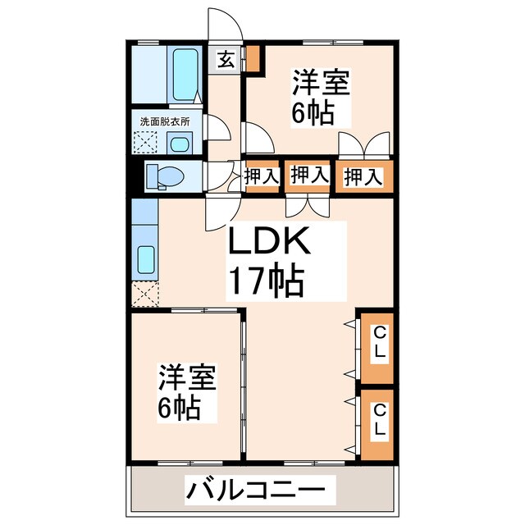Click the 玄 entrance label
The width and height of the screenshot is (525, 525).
click(x=225, y=59)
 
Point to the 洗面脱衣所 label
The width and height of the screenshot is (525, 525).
click(x=164, y=121)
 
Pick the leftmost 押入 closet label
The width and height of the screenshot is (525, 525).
click(x=262, y=175)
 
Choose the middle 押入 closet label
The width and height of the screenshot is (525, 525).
click(x=309, y=174)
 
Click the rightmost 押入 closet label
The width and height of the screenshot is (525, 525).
click(x=362, y=176)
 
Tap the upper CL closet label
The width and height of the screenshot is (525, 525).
click(x=379, y=345)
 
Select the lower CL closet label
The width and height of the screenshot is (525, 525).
click(x=379, y=420)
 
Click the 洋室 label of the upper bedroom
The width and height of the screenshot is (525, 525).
click(x=321, y=85)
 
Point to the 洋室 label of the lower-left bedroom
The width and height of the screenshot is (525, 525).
click(x=186, y=378)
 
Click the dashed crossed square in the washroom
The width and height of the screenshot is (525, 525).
click(x=147, y=142)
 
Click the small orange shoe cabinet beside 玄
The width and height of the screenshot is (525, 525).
click(x=253, y=59)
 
